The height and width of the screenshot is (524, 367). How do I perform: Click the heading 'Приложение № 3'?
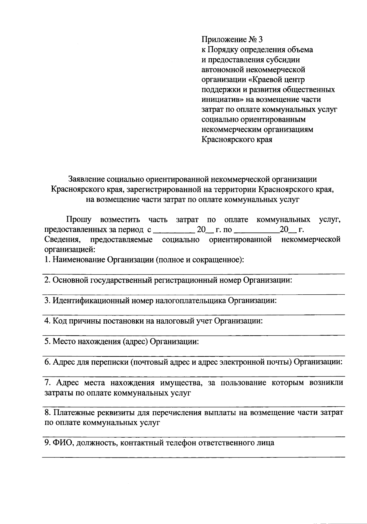point(232,40)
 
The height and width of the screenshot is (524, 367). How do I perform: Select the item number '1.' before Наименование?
point(47,260)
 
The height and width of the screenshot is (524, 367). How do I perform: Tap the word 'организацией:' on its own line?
point(70,250)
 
